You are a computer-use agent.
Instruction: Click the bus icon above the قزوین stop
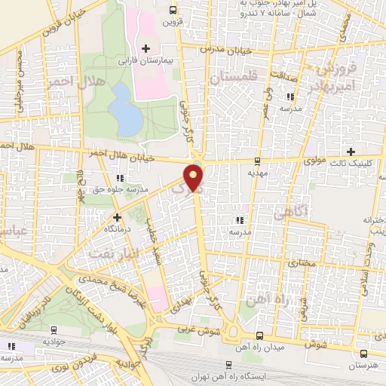[x=173, y=10]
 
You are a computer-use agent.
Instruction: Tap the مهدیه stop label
[x=259, y=172]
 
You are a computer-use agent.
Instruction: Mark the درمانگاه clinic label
[x=116, y=227]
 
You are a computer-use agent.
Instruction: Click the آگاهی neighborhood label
[x=291, y=214]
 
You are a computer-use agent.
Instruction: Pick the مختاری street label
[x=302, y=265]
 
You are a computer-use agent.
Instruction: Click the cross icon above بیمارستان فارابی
[x=146, y=47]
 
